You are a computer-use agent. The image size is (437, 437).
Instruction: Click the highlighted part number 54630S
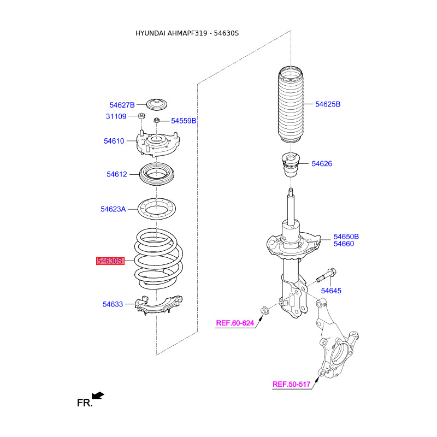[110, 261]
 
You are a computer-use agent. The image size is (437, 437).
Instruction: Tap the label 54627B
[122, 105]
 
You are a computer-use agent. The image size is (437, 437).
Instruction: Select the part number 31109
[116, 116]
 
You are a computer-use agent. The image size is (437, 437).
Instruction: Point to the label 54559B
[184, 121]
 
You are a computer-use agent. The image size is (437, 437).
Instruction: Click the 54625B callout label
[328, 104]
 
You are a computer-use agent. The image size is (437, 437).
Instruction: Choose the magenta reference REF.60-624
[235, 323]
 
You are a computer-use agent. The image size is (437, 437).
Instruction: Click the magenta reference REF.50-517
[291, 385]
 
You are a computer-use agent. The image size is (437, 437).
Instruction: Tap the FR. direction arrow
[98, 395]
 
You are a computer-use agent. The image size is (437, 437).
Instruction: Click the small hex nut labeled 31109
[141, 116]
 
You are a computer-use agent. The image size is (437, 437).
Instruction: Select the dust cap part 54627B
[157, 105]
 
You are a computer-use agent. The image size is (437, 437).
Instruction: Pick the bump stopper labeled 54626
[291, 164]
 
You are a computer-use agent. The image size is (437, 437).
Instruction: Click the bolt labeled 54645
[326, 275]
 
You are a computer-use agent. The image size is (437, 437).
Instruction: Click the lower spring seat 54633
[158, 305]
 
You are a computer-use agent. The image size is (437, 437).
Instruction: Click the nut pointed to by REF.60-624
[264, 310]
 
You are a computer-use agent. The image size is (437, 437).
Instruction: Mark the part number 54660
[344, 244]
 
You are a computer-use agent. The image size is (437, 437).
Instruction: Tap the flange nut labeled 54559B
[157, 120]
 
